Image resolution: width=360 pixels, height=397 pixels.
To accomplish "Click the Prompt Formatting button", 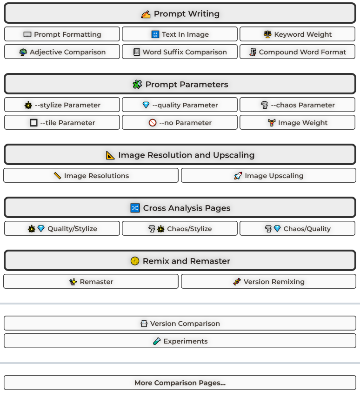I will [x=62, y=34].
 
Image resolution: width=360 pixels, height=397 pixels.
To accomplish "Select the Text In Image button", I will [x=180, y=34].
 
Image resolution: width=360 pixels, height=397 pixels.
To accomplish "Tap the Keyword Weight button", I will [x=298, y=34].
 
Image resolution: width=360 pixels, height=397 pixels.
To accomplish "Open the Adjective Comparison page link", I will [x=62, y=52].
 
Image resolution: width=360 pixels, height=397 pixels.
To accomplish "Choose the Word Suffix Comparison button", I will [x=180, y=52].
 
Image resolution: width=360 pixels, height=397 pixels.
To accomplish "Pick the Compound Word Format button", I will [x=298, y=52].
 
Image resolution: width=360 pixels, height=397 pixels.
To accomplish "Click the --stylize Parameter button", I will [x=62, y=105].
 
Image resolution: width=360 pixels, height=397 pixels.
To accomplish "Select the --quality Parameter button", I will [x=180, y=105].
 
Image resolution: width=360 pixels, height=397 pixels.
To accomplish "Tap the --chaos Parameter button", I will [x=298, y=105].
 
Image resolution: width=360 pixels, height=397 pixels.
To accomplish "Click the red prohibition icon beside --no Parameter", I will [x=153, y=123].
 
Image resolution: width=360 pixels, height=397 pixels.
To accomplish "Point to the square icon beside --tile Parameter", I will [x=33, y=123].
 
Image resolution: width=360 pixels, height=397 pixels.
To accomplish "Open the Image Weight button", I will [x=298, y=123].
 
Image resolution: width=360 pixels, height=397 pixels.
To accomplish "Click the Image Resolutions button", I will [x=91, y=176].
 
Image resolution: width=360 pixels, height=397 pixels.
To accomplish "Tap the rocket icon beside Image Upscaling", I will [x=238, y=176].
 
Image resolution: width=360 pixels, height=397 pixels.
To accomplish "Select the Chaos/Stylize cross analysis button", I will [x=180, y=229].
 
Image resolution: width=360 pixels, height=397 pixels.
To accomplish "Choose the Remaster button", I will [x=91, y=282].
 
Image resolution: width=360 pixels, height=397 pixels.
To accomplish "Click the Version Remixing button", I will [x=268, y=282].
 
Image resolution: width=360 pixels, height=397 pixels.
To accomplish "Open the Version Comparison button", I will [x=180, y=324].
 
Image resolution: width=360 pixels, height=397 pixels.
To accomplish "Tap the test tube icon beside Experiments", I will [x=157, y=341].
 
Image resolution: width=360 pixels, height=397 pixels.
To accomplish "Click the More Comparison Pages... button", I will [x=180, y=383].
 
